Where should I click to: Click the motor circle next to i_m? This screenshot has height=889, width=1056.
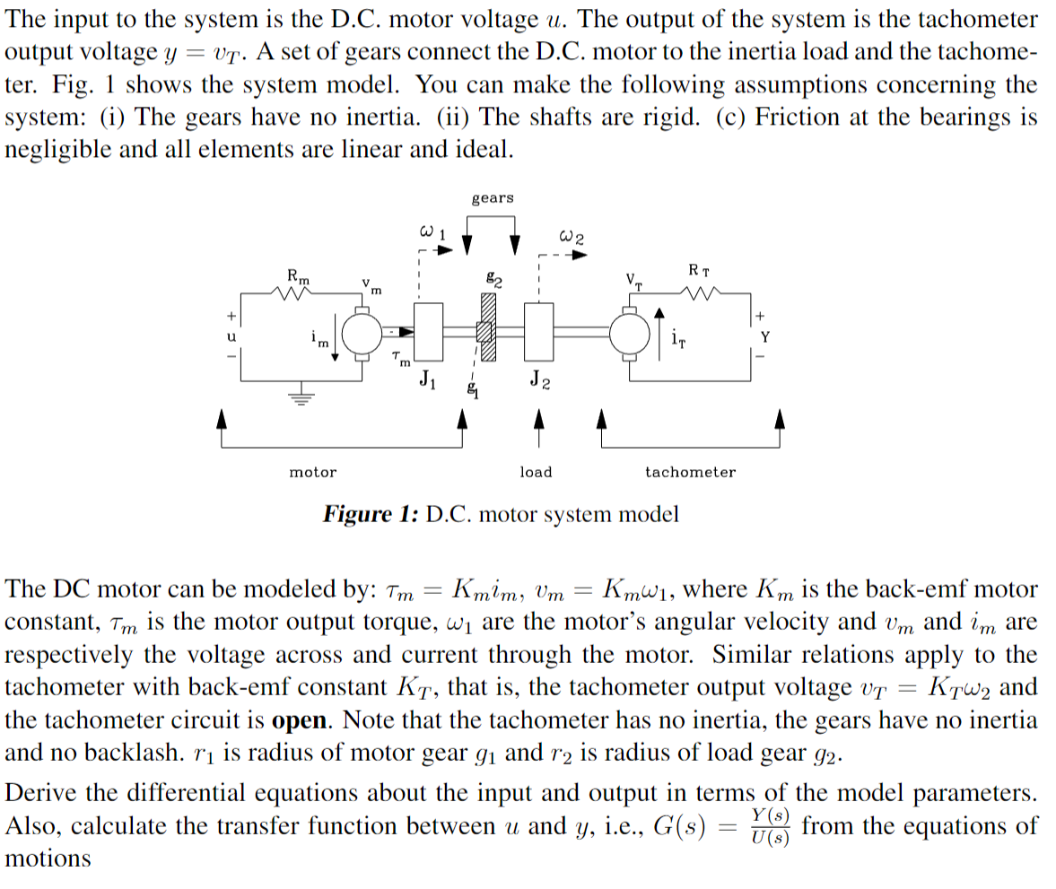coord(362,334)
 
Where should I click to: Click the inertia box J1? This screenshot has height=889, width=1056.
coord(429,333)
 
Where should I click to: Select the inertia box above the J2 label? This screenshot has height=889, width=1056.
coord(539,333)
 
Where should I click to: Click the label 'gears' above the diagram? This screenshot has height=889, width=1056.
coord(493,197)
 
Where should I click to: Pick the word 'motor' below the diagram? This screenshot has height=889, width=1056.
coord(313,472)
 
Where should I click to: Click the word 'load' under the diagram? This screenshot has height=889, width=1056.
coord(537,472)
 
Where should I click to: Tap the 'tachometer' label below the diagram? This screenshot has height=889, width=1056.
coord(690,472)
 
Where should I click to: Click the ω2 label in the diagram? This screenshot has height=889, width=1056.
coord(572,238)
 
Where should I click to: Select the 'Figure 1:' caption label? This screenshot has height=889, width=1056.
coord(371,515)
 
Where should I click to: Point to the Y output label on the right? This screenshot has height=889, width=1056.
coord(765,338)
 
